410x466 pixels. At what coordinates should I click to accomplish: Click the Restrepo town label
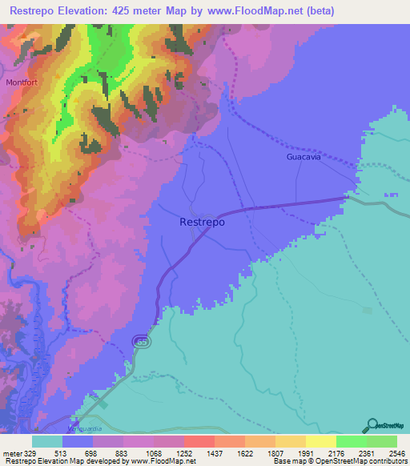tap(203, 223)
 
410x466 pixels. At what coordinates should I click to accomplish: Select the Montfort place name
tap(22, 82)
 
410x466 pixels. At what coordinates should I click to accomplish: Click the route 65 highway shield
tap(142, 342)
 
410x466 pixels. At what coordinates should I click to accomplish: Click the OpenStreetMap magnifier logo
tap(371, 425)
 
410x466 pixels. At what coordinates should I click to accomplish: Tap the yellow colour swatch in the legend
tap(320, 441)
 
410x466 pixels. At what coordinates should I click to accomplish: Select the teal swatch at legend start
tap(47, 441)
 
